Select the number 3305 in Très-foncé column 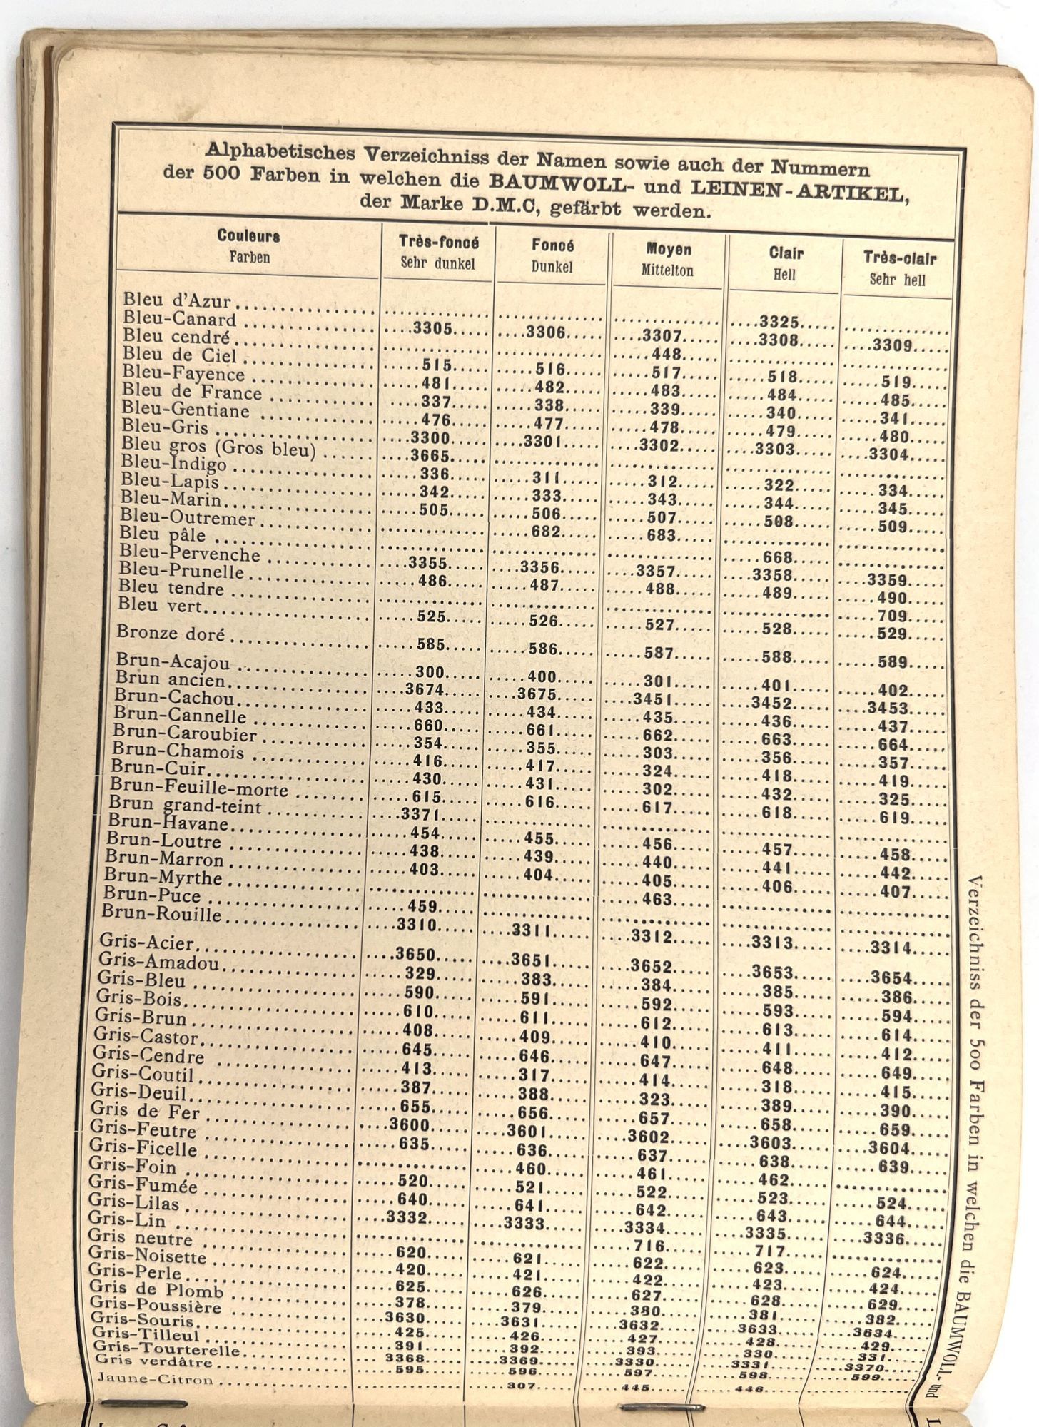click(x=432, y=329)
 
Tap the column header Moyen click(x=669, y=250)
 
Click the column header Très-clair click(x=899, y=259)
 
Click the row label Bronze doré click(x=171, y=634)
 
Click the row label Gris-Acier click(x=146, y=943)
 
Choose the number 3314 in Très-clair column click(x=891, y=948)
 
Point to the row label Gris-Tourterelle click(x=166, y=1348)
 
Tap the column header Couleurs click(x=248, y=236)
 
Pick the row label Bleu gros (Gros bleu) click(x=218, y=448)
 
